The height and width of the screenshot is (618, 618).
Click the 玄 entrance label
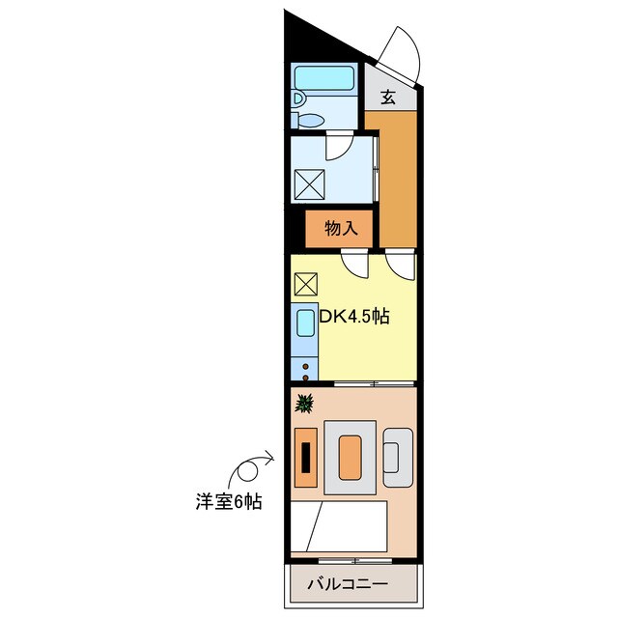tap(387, 97)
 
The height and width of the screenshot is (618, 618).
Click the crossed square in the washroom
tap(308, 182)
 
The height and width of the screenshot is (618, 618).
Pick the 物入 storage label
tap(341, 229)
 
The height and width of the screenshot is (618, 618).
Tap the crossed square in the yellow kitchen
tap(304, 284)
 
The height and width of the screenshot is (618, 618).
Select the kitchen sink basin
tap(304, 324)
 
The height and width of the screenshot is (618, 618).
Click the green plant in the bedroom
tap(304, 403)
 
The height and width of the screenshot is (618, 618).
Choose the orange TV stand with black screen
tap(305, 456)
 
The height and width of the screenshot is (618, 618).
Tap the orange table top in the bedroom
tap(350, 455)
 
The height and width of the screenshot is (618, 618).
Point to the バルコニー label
tap(348, 584)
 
